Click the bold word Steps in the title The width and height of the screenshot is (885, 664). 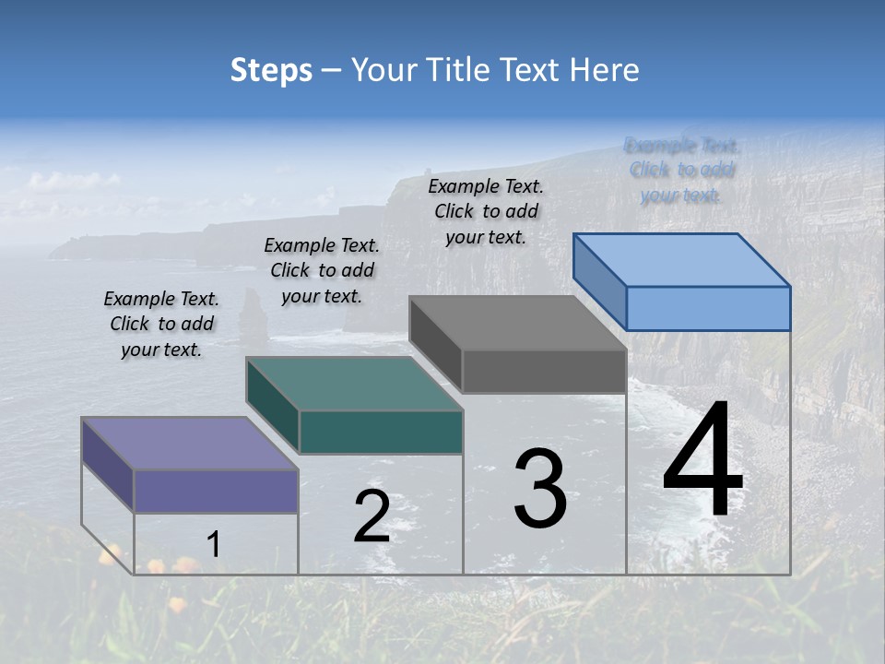pyautogui.click(x=271, y=70)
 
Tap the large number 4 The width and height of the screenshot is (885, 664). pyautogui.click(x=702, y=460)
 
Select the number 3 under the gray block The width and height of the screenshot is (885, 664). pyautogui.click(x=540, y=489)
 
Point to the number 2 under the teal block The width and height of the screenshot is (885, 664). pyautogui.click(x=372, y=516)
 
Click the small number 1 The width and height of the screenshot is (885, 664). pyautogui.click(x=213, y=545)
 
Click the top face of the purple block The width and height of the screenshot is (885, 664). pyautogui.click(x=190, y=443)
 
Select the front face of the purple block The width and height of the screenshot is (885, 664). pyautogui.click(x=216, y=491)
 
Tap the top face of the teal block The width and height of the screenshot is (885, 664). pyautogui.click(x=354, y=383)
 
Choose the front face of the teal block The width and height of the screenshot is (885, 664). pyautogui.click(x=381, y=432)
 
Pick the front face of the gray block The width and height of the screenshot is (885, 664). pyautogui.click(x=544, y=371)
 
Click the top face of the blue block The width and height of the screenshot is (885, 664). pyautogui.click(x=682, y=259)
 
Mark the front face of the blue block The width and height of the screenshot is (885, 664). pyautogui.click(x=708, y=308)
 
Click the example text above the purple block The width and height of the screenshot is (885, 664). pyautogui.click(x=161, y=325)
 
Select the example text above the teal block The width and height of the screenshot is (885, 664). pyautogui.click(x=322, y=270)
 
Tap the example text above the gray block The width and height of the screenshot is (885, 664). pyautogui.click(x=486, y=211)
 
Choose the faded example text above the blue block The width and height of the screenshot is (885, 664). pyautogui.click(x=682, y=170)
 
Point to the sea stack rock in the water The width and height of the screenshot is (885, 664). pyautogui.click(x=250, y=314)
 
